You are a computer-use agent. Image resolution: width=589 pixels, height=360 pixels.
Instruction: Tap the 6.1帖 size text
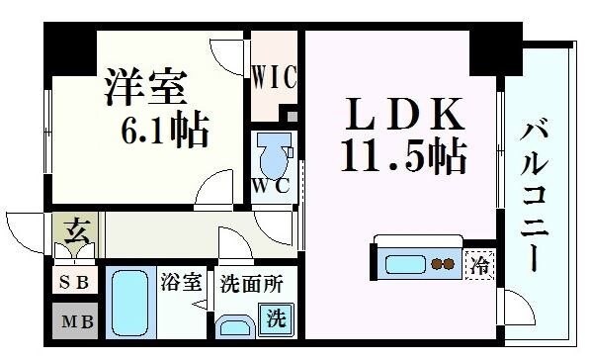(x=164, y=129)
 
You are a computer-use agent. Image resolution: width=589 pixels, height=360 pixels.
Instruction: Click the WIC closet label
(x=272, y=76)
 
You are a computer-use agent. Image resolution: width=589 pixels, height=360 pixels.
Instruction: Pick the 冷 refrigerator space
(x=479, y=264)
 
